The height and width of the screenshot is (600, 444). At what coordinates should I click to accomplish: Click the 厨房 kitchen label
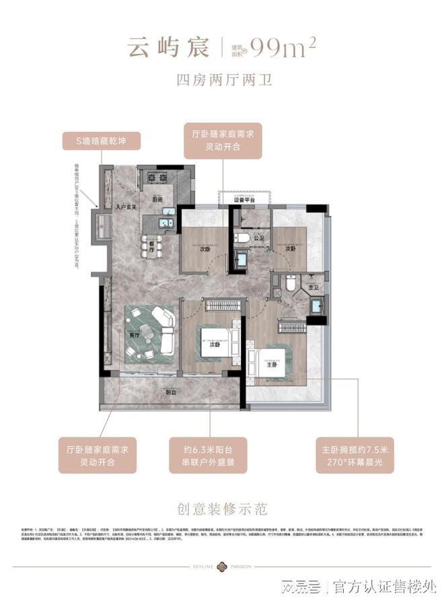157,200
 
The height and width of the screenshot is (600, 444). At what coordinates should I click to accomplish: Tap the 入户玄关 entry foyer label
126,207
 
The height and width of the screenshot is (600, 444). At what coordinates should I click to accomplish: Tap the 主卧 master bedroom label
271,365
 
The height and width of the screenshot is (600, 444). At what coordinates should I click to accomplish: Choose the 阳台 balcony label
172,393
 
